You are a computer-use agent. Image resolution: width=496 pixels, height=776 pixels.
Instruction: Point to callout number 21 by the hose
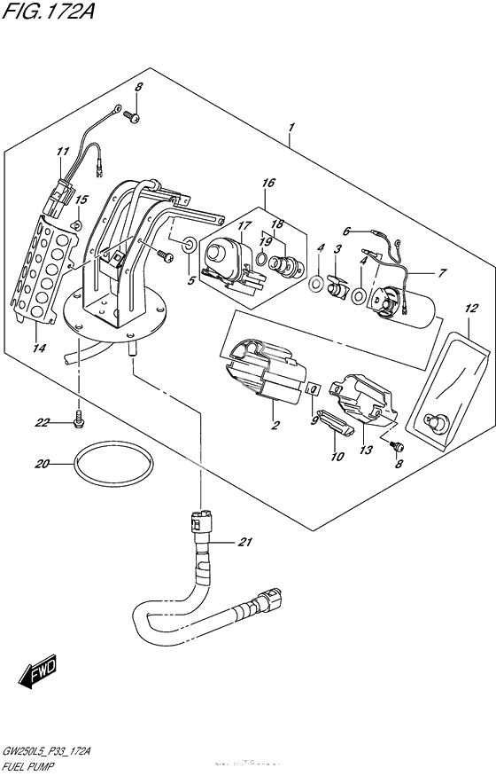pyautogui.click(x=245, y=543)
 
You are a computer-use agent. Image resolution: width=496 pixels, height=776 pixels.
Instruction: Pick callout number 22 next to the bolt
pyautogui.click(x=42, y=423)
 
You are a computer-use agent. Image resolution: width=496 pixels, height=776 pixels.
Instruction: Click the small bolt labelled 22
pyautogui.click(x=80, y=415)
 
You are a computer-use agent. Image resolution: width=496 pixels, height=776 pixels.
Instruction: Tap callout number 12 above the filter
pyautogui.click(x=470, y=308)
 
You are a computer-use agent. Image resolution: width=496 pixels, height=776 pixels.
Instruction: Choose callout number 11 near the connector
pyautogui.click(x=63, y=153)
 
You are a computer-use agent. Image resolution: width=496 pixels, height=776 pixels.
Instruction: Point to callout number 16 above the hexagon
pyautogui.click(x=268, y=184)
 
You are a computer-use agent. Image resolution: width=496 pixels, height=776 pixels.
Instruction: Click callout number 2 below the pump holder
pyautogui.click(x=275, y=426)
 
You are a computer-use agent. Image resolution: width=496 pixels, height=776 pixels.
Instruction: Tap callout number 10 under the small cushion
pyautogui.click(x=337, y=458)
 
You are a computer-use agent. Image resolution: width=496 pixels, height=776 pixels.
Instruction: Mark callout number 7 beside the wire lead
pyautogui.click(x=443, y=272)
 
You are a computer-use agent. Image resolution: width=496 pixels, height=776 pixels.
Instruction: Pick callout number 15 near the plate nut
pyautogui.click(x=81, y=200)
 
